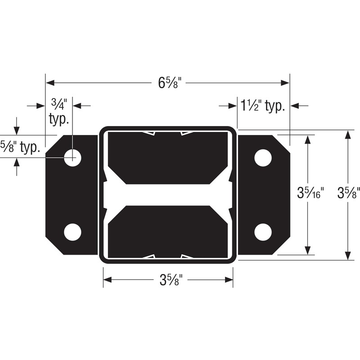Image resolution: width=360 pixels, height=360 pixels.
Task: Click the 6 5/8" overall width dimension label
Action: pyautogui.click(x=170, y=83)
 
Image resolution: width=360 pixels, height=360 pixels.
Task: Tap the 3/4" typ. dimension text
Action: pyautogui.click(x=58, y=112)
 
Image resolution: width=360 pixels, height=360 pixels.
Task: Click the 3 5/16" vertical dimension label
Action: pyautogui.click(x=310, y=193)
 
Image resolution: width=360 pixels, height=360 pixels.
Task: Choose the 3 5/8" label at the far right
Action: pyautogui.click(x=349, y=193)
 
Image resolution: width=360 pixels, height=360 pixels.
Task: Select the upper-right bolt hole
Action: pyautogui.click(x=263, y=157)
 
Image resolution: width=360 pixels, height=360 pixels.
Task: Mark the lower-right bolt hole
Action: pyautogui.click(x=263, y=232)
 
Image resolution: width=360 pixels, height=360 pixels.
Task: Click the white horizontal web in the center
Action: pyautogui.click(x=168, y=195)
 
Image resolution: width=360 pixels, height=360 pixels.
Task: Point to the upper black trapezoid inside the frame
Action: pyautogui.click(x=168, y=157)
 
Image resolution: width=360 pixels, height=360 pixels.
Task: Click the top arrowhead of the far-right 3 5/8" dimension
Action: pyautogui.click(x=348, y=135)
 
